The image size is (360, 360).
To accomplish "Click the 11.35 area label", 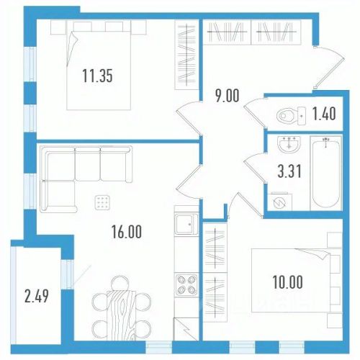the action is click(x=97, y=76).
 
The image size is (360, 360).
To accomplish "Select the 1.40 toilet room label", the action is click(x=324, y=114).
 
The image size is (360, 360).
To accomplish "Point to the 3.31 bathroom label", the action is click(x=289, y=171).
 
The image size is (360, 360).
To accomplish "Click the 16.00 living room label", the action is click(x=127, y=232).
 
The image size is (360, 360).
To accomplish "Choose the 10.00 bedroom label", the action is click(x=287, y=282).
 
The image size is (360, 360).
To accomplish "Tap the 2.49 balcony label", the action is click(x=37, y=296).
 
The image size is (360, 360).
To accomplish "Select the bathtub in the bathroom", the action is click(x=325, y=173).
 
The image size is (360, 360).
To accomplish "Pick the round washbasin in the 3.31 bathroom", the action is click(x=289, y=144).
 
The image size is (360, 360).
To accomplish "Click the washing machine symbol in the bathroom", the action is click(x=280, y=202).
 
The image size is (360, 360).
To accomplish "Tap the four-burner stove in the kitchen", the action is click(x=186, y=284).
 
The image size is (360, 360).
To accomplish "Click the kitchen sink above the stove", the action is click(x=186, y=224).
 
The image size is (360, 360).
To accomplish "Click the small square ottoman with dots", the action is click(x=102, y=202).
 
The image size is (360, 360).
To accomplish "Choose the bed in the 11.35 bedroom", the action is click(x=99, y=66).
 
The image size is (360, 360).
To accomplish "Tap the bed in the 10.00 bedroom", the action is click(x=297, y=281).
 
